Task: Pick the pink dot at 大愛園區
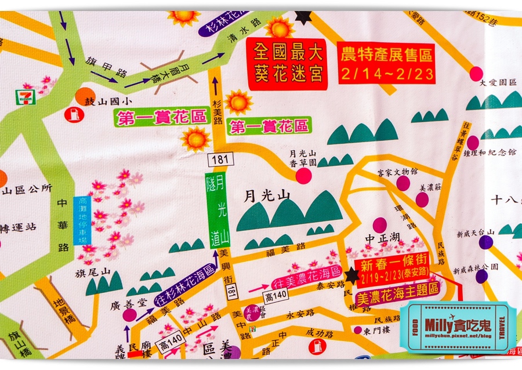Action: pos(476,74)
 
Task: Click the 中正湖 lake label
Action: pos(381,239)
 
